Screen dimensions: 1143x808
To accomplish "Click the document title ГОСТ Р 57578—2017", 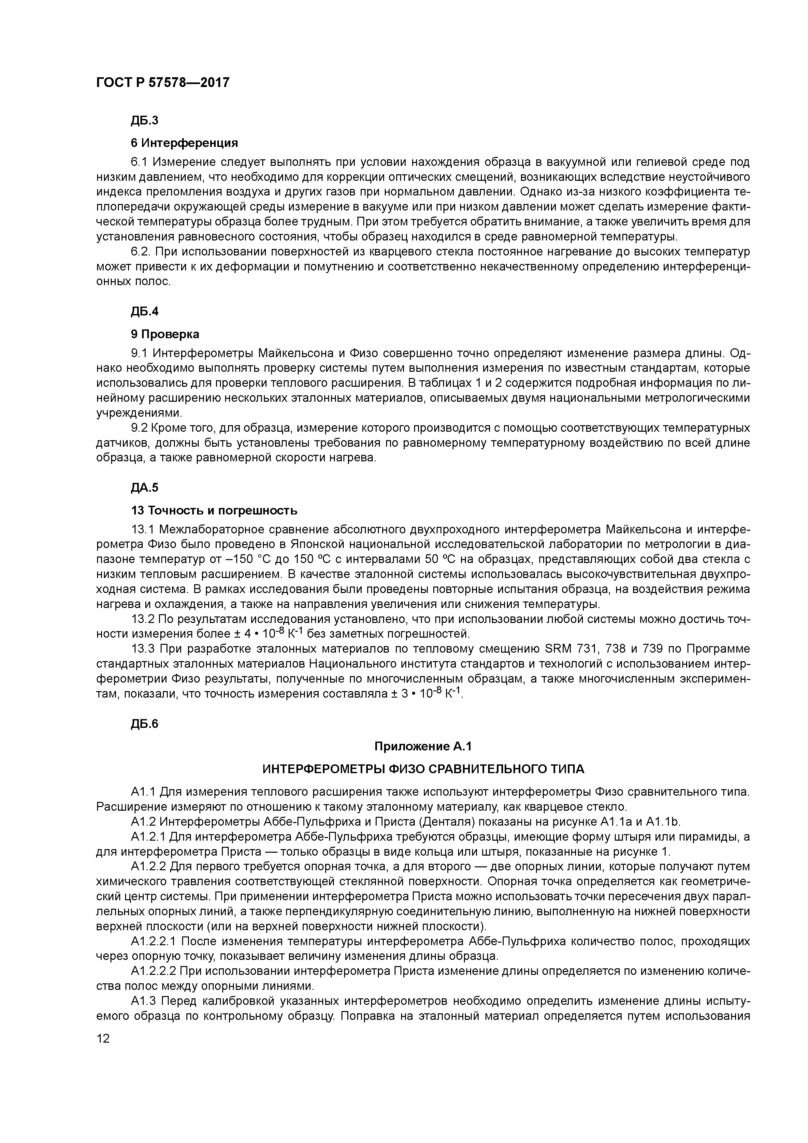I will click(163, 82).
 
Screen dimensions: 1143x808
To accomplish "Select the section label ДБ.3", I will click(144, 121).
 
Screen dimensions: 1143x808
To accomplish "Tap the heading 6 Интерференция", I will click(184, 143).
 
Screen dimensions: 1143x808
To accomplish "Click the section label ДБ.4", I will click(144, 311).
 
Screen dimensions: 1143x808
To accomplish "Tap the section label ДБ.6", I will click(144, 724).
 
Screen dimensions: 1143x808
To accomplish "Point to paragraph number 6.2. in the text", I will click(141, 252).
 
